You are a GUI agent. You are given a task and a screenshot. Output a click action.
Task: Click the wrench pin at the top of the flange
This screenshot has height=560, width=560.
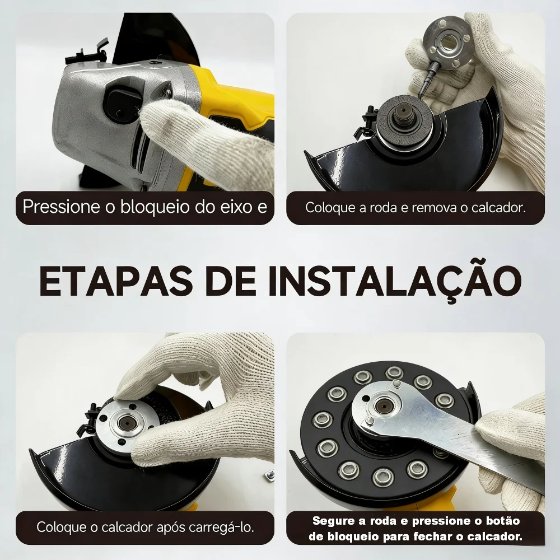[x=396, y=385]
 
